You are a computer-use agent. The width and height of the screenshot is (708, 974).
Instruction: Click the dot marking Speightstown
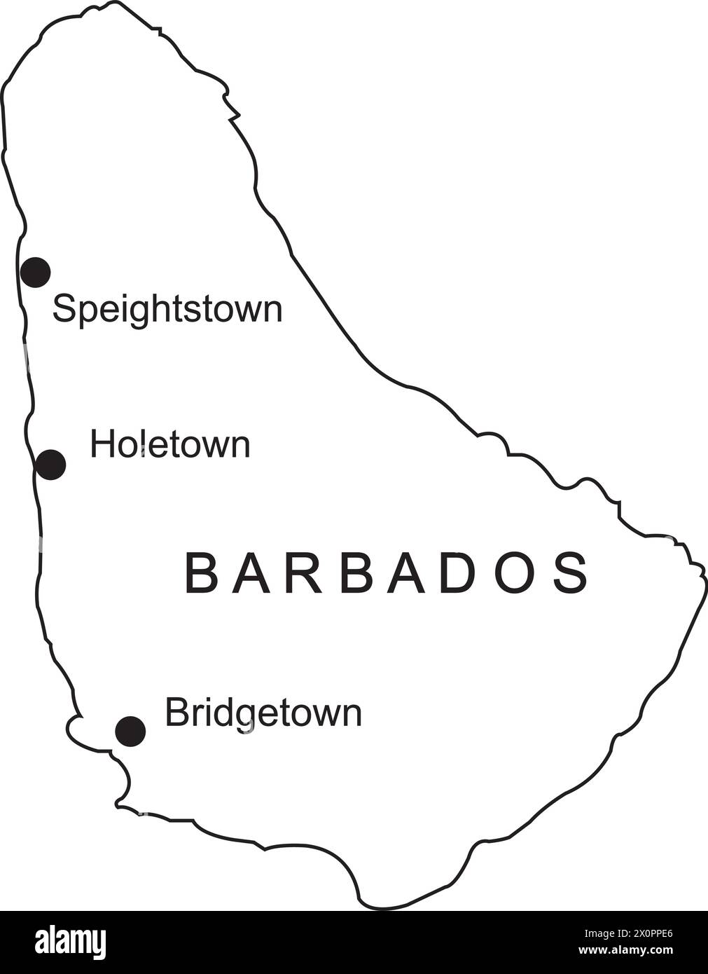(35, 272)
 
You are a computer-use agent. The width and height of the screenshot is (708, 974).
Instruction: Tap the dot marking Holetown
(50, 464)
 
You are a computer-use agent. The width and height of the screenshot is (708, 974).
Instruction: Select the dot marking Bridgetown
(130, 732)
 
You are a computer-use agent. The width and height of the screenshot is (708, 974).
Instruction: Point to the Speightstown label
(167, 309)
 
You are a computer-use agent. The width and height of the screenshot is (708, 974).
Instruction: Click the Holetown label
(170, 445)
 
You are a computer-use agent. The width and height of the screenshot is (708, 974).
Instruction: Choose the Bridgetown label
(263, 714)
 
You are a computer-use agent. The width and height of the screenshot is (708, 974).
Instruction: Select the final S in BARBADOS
(571, 573)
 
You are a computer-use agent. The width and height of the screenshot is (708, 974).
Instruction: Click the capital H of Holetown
(101, 444)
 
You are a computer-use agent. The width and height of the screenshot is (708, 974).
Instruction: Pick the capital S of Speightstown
(64, 308)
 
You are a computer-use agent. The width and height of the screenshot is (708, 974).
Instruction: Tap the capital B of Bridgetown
(174, 713)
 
